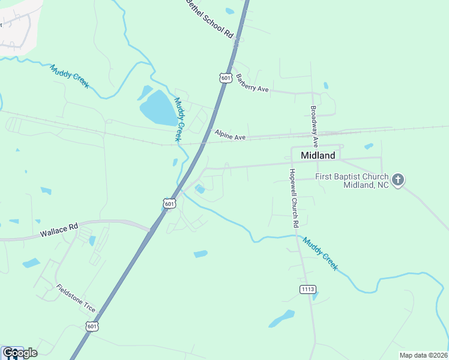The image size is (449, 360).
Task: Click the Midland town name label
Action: pos(318,155)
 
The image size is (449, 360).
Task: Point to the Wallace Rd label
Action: pos(59,228)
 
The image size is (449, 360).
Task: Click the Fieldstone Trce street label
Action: pos(76,298)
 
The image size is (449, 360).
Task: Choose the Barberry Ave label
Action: pos(252,84)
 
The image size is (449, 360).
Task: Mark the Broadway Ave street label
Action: pos(314,127)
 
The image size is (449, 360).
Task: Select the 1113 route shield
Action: pos(307,289)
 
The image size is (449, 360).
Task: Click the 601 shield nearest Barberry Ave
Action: pos(226,78)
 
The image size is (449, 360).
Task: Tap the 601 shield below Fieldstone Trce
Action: pos(91,326)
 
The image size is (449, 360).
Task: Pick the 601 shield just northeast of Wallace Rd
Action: pos(170,204)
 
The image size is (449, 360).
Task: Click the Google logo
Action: pos(19,353)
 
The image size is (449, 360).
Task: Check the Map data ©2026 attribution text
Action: pos(423,355)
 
